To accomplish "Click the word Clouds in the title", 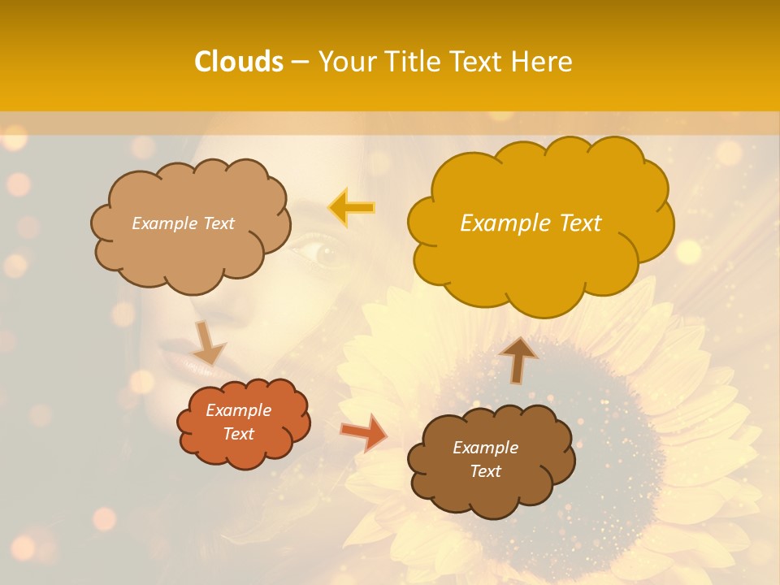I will tap(239, 62).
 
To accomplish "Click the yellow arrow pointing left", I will tap(351, 207).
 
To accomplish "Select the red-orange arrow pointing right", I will tap(363, 432).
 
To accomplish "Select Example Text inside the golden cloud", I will tap(531, 223).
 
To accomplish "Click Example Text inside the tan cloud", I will tap(183, 223).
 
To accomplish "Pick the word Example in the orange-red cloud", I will tap(238, 410).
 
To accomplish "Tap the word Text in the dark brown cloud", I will tap(485, 471).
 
